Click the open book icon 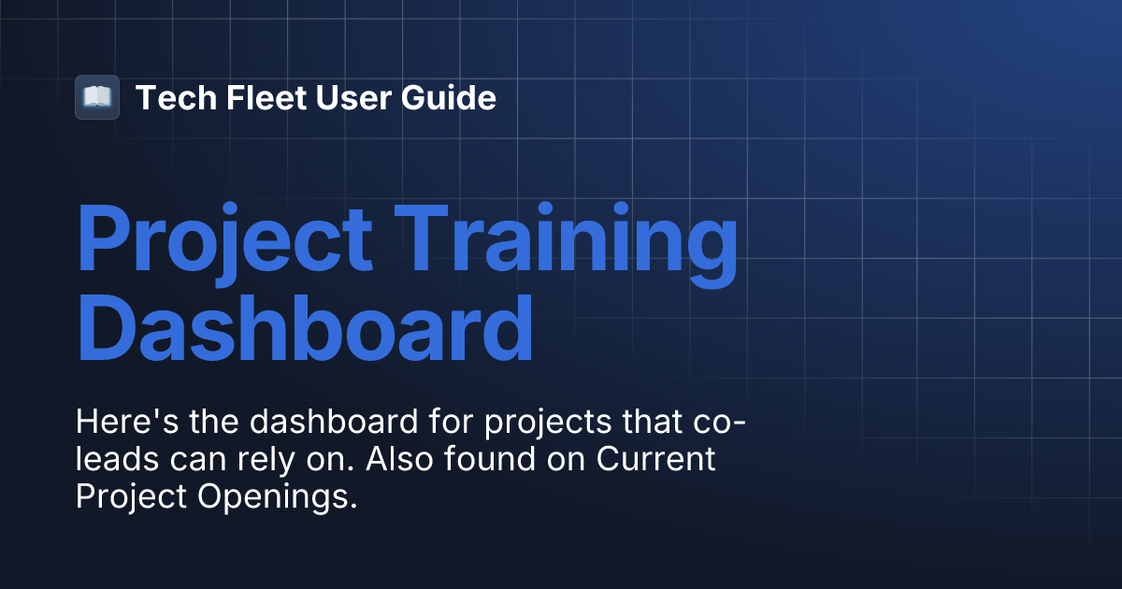click(x=97, y=97)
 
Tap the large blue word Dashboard click(x=305, y=328)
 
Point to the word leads click(x=111, y=460)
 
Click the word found click(x=509, y=460)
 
